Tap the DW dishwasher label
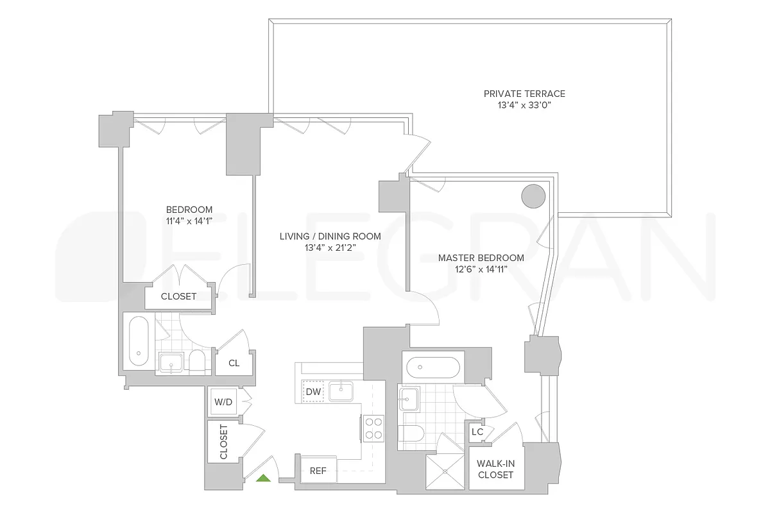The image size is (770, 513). pyautogui.click(x=313, y=391)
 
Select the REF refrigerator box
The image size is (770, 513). pyautogui.click(x=318, y=471)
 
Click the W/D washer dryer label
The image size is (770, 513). pyautogui.click(x=223, y=403)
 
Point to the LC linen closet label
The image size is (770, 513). pyautogui.click(x=477, y=432)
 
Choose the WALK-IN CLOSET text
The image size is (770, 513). pyautogui.click(x=495, y=469)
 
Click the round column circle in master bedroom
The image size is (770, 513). pyautogui.click(x=533, y=196)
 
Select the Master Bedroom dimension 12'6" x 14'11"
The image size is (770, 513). pyautogui.click(x=481, y=269)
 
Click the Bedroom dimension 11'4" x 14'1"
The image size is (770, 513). pyautogui.click(x=189, y=221)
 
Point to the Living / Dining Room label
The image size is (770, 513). pyautogui.click(x=330, y=236)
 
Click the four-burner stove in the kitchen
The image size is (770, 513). pyautogui.click(x=373, y=428)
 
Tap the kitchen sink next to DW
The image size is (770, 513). pyautogui.click(x=341, y=391)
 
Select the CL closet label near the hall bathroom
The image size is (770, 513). pyautogui.click(x=234, y=363)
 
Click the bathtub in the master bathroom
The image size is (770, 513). pyautogui.click(x=432, y=367)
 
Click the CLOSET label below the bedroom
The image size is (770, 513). pyautogui.click(x=178, y=296)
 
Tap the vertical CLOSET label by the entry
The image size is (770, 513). pyautogui.click(x=223, y=442)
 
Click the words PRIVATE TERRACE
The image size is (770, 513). pyautogui.click(x=524, y=94)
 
